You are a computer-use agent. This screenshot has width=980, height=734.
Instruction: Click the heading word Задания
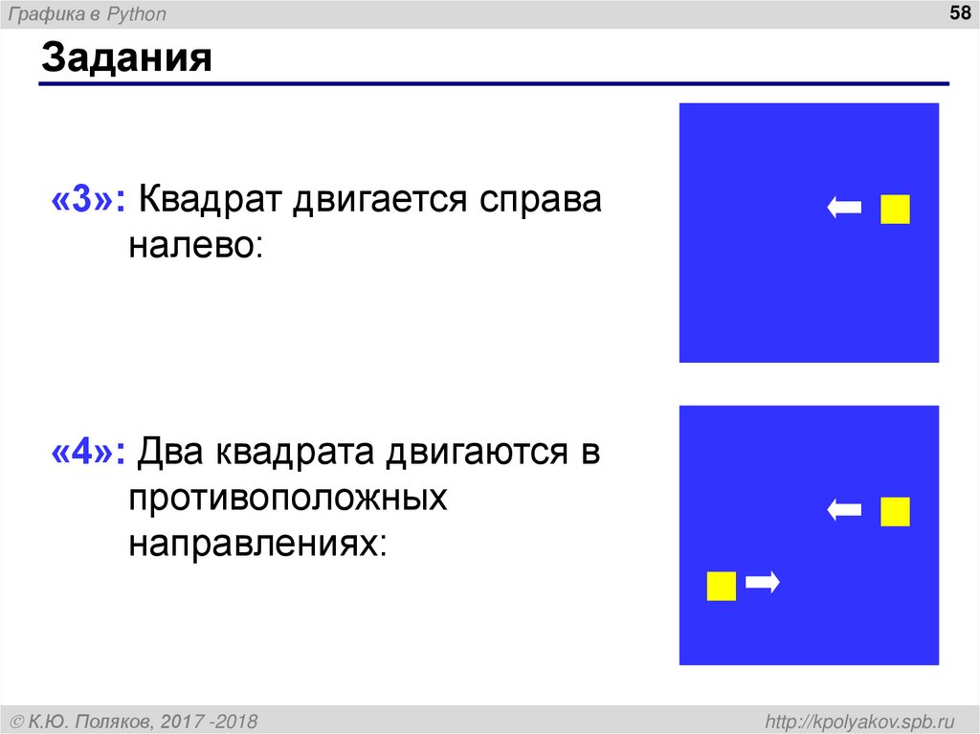click(x=125, y=59)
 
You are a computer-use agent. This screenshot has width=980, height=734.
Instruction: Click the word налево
click(x=195, y=244)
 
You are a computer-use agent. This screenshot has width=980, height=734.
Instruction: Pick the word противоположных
click(x=289, y=497)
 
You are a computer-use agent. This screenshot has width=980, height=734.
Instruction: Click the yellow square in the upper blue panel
click(x=895, y=209)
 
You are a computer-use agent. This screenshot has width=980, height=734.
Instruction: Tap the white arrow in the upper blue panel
click(x=844, y=208)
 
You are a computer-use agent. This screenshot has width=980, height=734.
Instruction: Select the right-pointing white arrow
click(x=764, y=581)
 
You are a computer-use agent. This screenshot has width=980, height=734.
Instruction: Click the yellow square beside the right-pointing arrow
click(x=721, y=586)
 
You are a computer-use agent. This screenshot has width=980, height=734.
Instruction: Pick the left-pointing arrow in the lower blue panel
click(x=844, y=510)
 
